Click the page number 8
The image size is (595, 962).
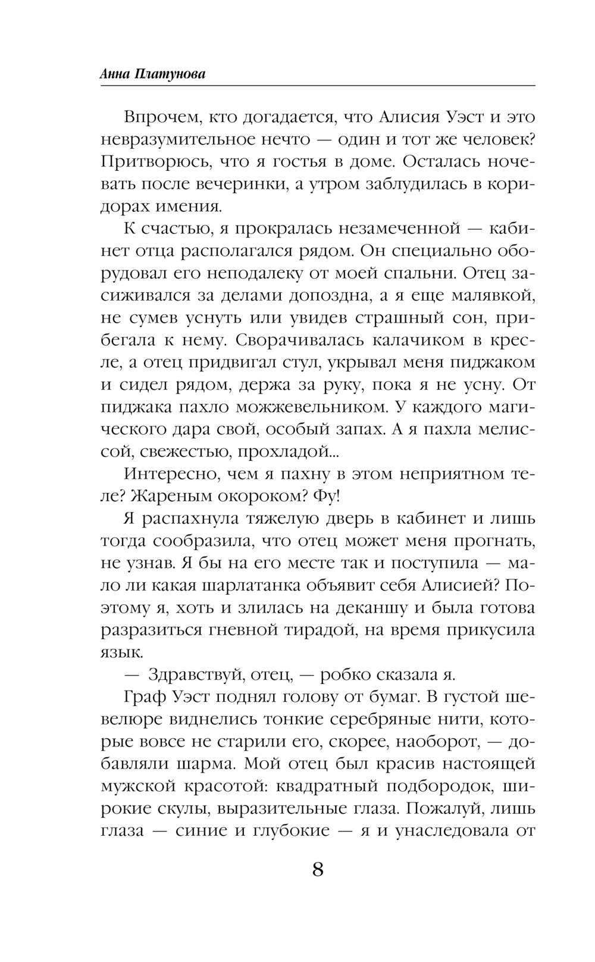pos(318,870)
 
